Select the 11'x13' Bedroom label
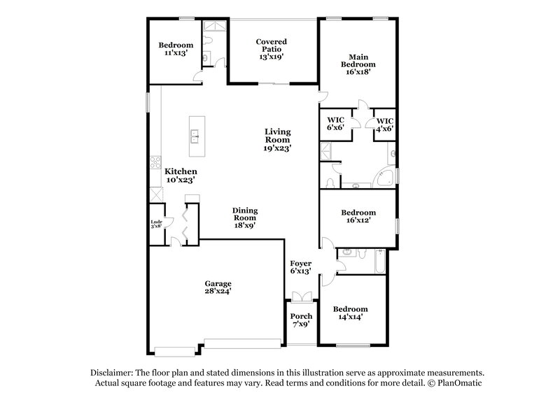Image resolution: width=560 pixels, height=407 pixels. pos(174,50)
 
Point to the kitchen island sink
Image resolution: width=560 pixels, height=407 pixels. pos(196,136)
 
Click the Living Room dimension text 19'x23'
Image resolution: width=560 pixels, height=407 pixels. pos(278,148)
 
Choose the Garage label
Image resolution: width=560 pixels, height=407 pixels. pos(218,286)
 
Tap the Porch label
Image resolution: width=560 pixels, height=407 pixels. pos(302,320)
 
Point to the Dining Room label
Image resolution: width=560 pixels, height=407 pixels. pos(245,217)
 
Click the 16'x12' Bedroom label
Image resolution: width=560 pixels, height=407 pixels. pos(358,216)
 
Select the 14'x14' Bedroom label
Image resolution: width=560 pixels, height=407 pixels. pos(349,313)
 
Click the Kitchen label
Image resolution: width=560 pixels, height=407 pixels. pos(181,175)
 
